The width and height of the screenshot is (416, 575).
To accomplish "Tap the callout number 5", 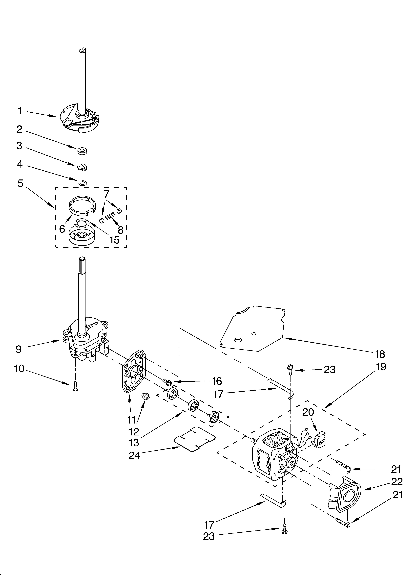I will coord(20,183).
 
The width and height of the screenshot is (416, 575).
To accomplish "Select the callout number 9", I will coord(19,349).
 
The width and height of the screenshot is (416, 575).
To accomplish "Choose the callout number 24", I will coord(134,456).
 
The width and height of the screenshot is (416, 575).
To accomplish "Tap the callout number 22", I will coord(396,482).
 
